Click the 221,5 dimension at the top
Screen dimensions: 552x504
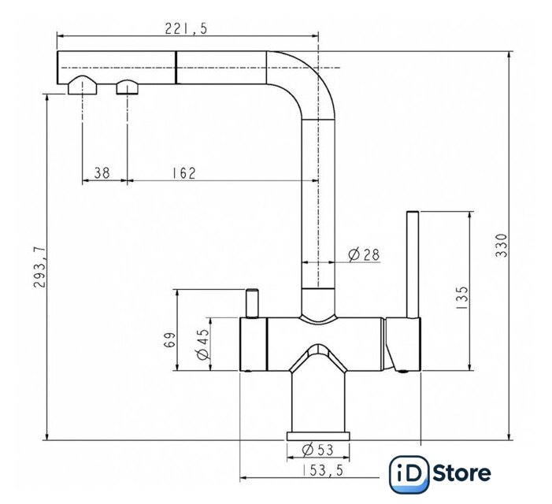coord(186,28)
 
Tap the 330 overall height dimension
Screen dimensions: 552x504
coord(502,246)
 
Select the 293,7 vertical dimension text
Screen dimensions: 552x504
coord(40,267)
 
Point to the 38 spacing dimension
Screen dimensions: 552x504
coord(102,172)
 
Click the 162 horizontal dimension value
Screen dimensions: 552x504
coord(183,172)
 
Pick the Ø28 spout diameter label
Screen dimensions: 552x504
coord(364,254)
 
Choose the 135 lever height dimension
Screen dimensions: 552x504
coord(462,298)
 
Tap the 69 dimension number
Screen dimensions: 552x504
coord(169,339)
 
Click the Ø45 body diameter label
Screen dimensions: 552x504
coord(203,344)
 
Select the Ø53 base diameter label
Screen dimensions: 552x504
coord(317,450)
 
